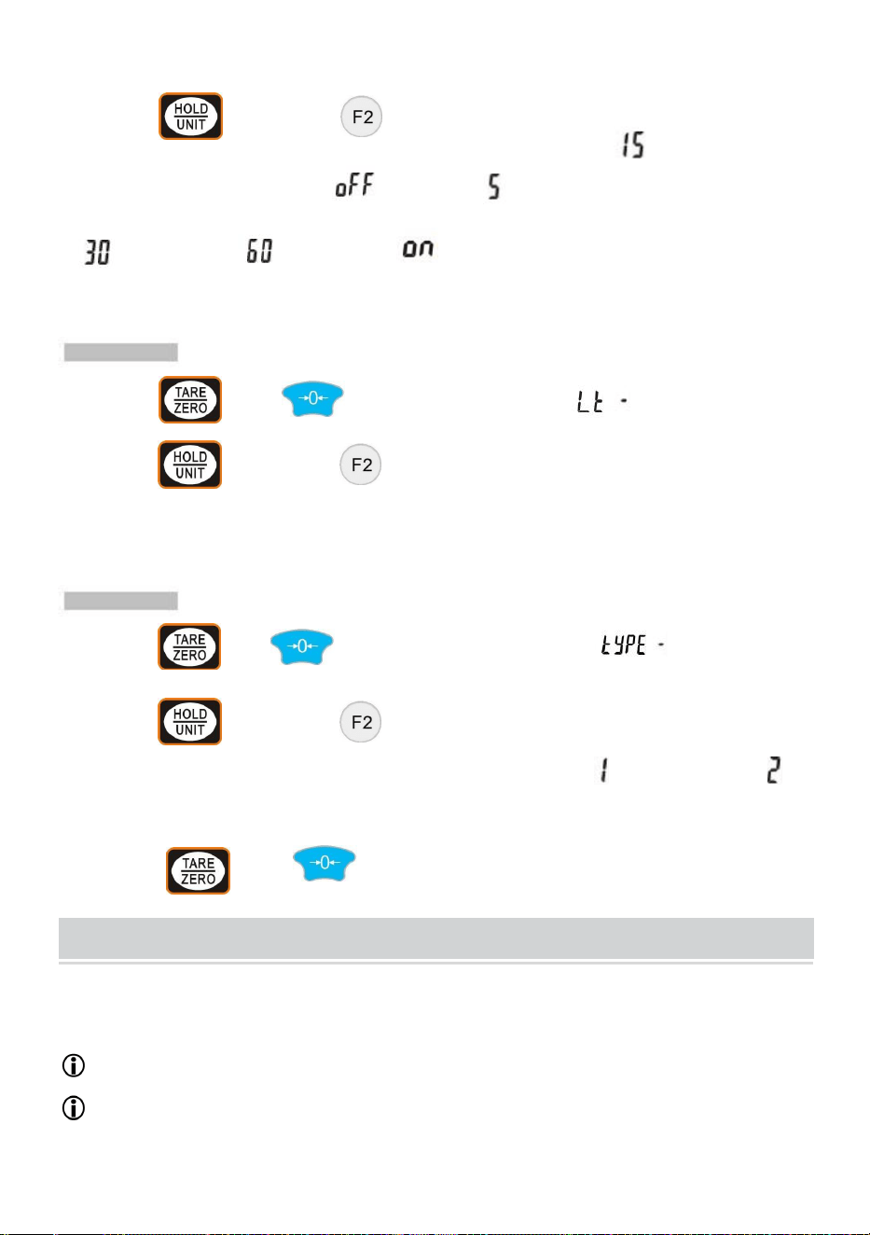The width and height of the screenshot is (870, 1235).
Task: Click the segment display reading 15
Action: (633, 145)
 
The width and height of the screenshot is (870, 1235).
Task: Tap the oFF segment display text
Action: (354, 185)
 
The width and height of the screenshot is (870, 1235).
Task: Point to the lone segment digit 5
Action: (494, 187)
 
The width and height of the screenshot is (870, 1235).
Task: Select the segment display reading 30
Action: (98, 252)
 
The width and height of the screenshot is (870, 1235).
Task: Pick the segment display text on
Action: (418, 248)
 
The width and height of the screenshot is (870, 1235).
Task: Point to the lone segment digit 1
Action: (605, 770)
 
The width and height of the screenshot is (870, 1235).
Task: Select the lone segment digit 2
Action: (774, 770)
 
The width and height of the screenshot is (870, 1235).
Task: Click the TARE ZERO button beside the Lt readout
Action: (190, 400)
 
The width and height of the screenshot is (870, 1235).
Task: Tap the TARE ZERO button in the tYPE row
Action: (189, 646)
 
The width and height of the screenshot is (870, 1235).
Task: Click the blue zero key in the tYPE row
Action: (301, 646)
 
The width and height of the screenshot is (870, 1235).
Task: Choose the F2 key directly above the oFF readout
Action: (362, 117)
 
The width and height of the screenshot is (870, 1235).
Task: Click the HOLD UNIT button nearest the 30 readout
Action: (191, 117)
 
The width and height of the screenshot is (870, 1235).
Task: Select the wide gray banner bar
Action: (436, 937)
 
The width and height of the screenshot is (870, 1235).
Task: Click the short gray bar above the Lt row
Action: (120, 352)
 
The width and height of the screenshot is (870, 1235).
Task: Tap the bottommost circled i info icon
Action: (74, 1108)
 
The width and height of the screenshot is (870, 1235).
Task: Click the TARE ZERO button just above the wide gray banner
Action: (198, 870)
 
